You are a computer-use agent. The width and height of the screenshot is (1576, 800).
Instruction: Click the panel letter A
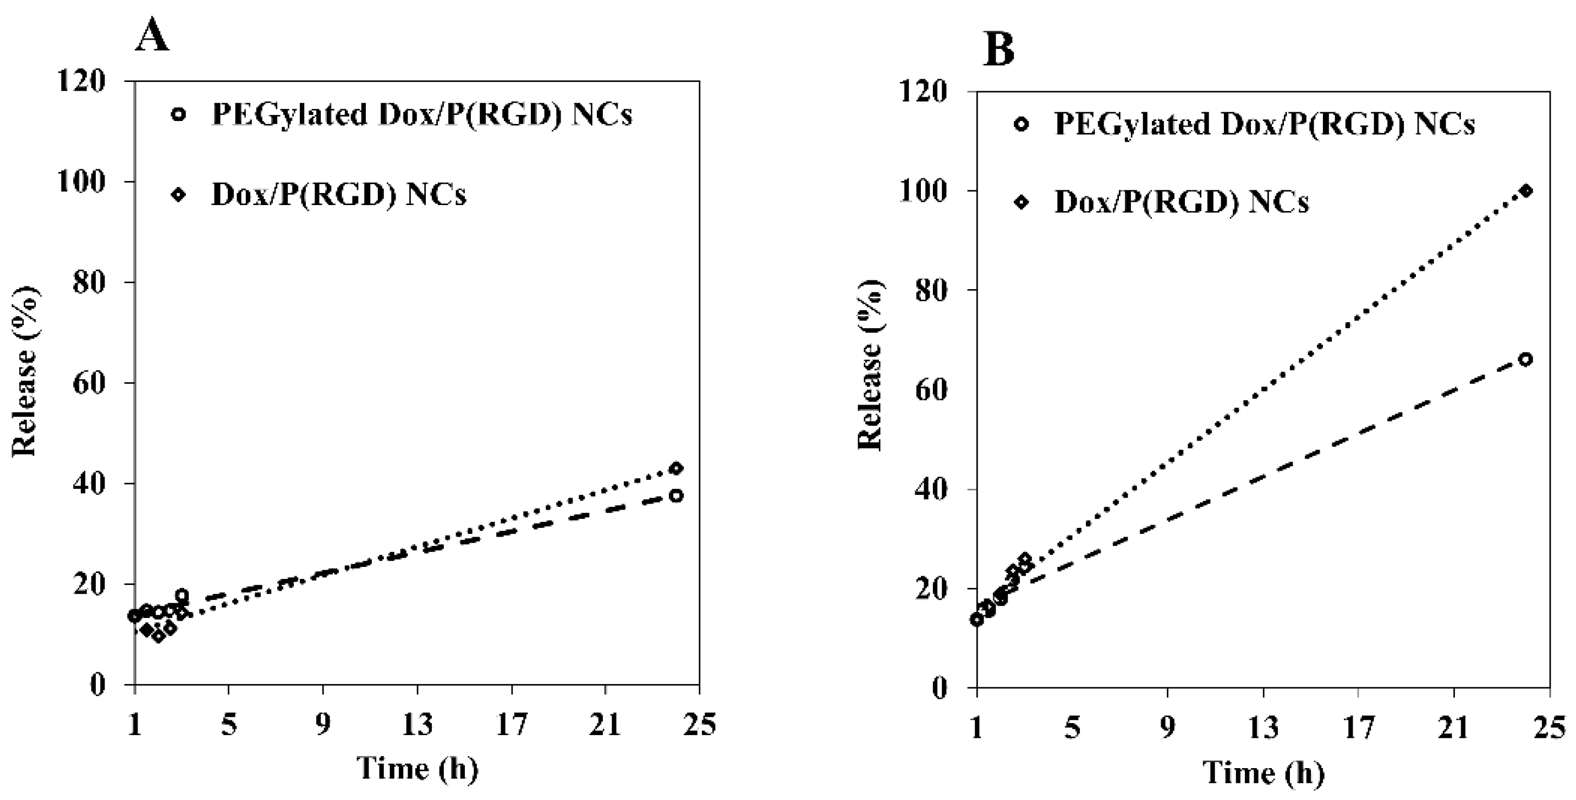pos(152,36)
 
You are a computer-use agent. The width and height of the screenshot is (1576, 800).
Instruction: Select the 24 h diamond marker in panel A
pos(676,468)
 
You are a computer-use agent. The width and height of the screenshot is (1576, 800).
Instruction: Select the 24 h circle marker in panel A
pos(676,495)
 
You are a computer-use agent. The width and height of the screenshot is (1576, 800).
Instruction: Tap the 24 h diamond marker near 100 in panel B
pos(1526,191)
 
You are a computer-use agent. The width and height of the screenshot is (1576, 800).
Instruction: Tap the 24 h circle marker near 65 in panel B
pos(1526,359)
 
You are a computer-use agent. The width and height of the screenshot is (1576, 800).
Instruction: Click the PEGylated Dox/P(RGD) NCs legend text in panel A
pos(421,114)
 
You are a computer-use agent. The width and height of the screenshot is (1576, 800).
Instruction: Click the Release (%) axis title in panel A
pos(26,371)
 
